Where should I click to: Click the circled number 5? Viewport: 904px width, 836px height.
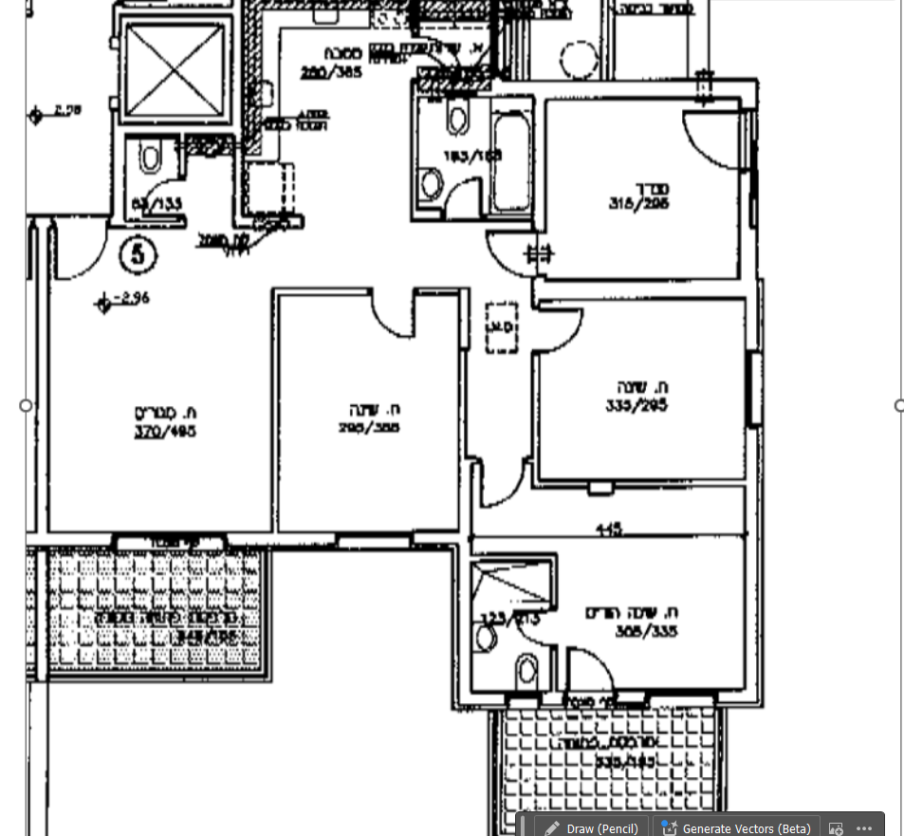138,254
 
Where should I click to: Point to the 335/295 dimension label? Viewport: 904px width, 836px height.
636,405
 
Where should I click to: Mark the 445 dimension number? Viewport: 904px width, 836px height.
607,529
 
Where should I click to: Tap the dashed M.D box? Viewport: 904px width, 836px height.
500,327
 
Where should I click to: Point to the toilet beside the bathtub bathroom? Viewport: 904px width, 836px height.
458,120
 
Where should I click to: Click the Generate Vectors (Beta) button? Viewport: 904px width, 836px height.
736,827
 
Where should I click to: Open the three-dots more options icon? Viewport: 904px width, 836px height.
863,827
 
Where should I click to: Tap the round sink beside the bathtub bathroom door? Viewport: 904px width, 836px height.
432,183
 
